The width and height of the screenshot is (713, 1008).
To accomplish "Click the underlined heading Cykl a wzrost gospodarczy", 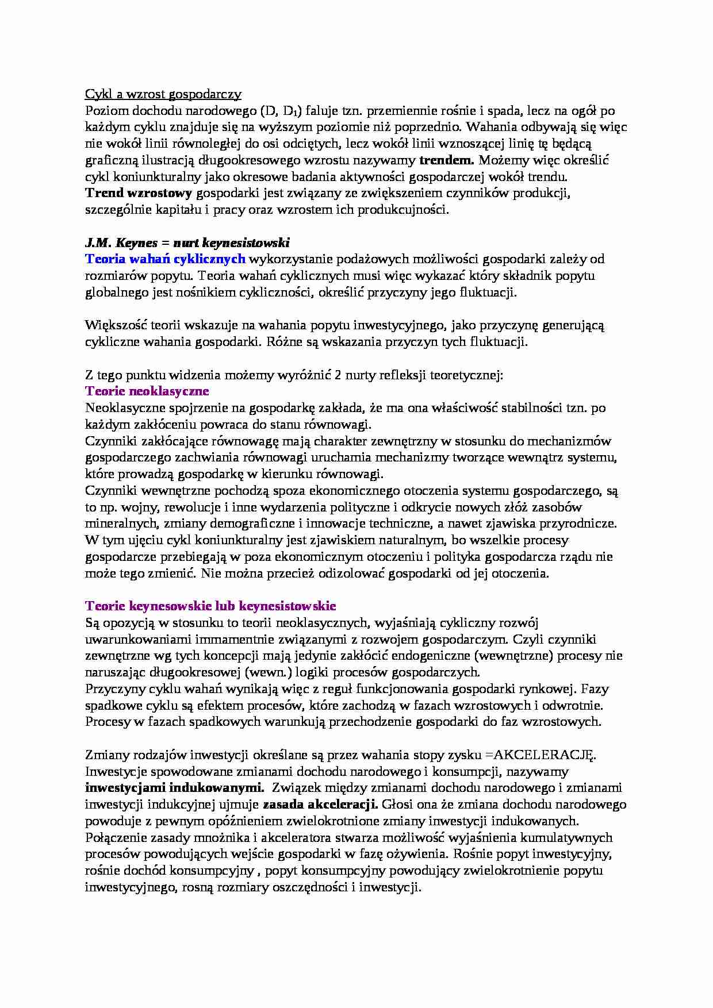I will pyautogui.click(x=163, y=94).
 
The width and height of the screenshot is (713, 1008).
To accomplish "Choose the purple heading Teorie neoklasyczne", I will pyautogui.click(x=147, y=391).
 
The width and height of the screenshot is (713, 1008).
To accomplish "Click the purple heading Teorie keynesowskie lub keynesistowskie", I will pyautogui.click(x=210, y=606).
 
